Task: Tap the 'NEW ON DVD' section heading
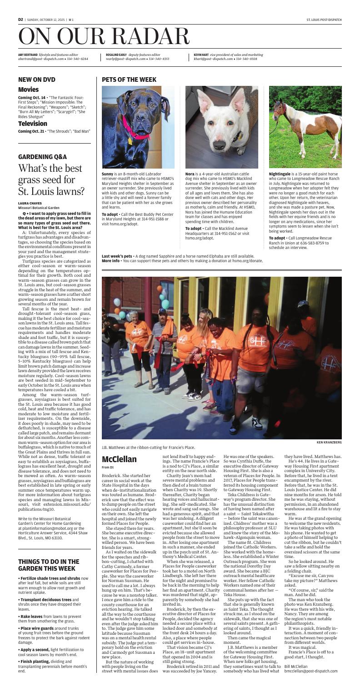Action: tap(36, 80)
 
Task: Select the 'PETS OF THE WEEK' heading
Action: tap(130, 80)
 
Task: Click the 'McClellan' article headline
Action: tap(120, 460)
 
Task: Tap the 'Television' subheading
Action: tap(32, 124)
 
